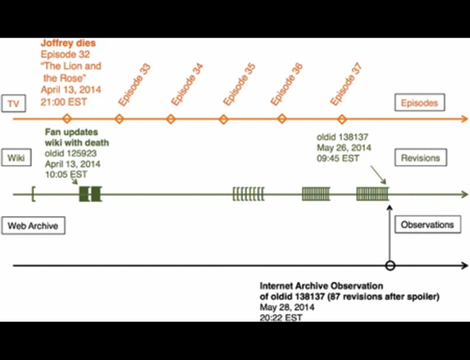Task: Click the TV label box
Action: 12,104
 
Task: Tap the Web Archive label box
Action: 32,226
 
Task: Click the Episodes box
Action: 420,103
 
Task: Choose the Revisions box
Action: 420,158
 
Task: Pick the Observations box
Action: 427,224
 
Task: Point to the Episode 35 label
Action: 238,85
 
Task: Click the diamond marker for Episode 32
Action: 67,119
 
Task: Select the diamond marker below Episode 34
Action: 171,119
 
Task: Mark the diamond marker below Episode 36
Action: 282,119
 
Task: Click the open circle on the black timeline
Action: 390,265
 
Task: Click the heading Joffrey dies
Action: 68,44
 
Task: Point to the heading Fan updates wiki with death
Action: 76,138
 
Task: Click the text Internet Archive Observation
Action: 321,286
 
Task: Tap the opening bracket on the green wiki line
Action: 33,194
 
